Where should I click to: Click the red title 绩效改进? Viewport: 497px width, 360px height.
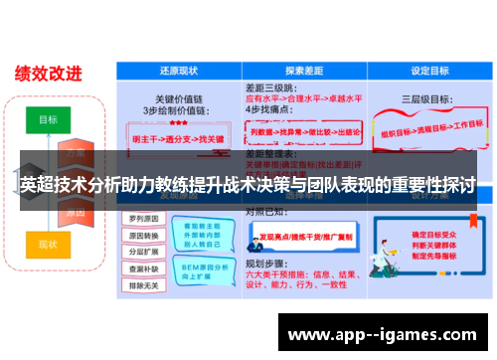click(x=48, y=73)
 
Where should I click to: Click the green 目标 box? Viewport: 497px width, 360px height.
click(x=48, y=119)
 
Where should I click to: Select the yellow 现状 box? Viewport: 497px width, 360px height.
click(x=48, y=244)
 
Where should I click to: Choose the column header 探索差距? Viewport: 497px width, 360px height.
click(x=301, y=71)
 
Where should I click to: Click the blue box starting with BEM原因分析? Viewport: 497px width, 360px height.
click(x=203, y=268)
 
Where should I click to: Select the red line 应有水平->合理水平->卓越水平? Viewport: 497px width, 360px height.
click(x=302, y=99)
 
